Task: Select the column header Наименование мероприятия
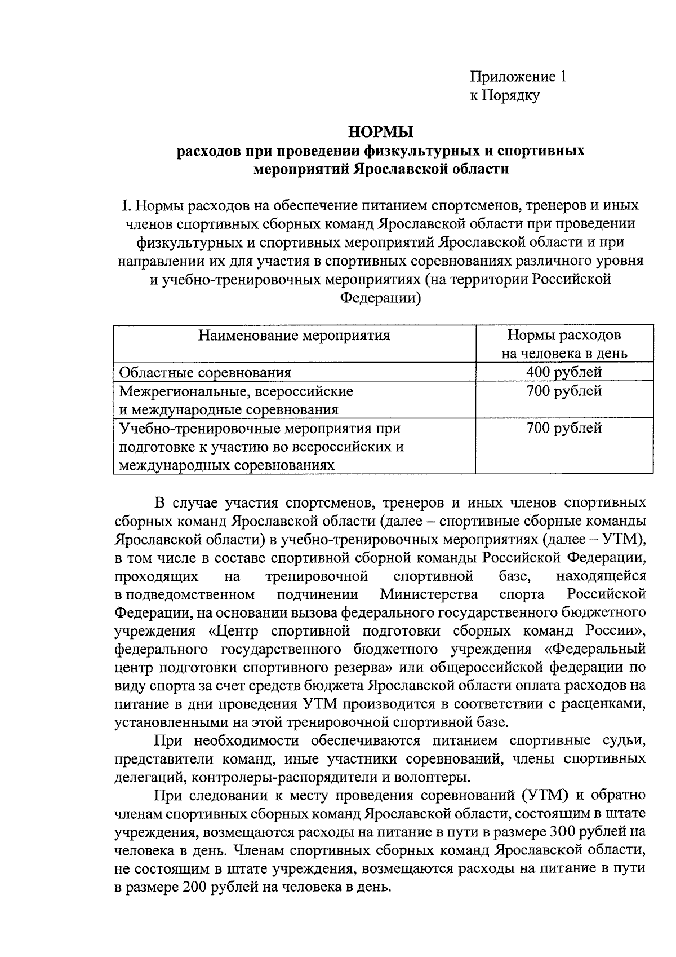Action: coord(294,336)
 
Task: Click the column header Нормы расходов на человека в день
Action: coord(564,344)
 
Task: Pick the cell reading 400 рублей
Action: coord(564,372)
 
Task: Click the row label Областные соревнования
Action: coord(205,372)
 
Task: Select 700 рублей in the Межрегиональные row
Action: coord(564,390)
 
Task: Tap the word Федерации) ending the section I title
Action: coord(381,298)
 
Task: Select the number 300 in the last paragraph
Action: coord(564,832)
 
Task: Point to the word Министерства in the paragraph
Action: coord(429,594)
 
